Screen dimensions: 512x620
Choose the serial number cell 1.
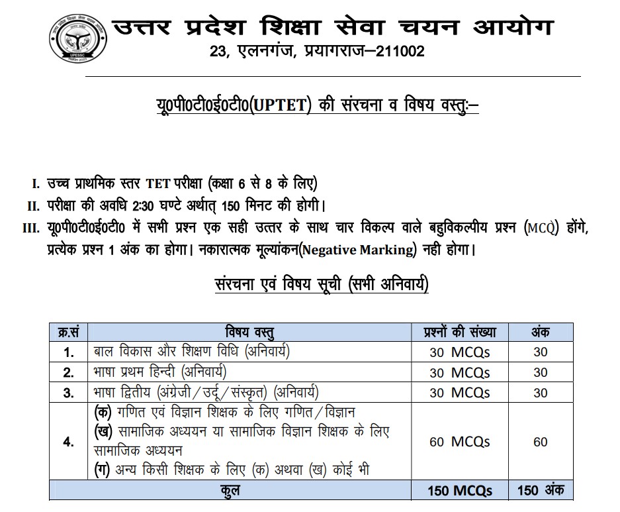69,352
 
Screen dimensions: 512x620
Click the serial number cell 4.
69,442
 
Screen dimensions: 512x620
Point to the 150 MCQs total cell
460,491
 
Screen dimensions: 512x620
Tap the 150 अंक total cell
540,491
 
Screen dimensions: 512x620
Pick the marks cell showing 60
540,442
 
